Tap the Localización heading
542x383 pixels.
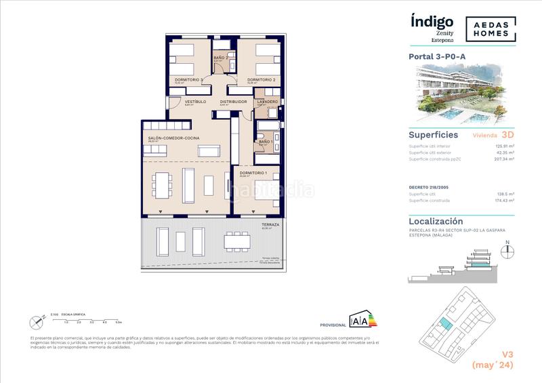(x=436, y=221)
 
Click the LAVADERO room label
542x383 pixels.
(x=267, y=102)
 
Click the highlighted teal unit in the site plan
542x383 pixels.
(x=444, y=326)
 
